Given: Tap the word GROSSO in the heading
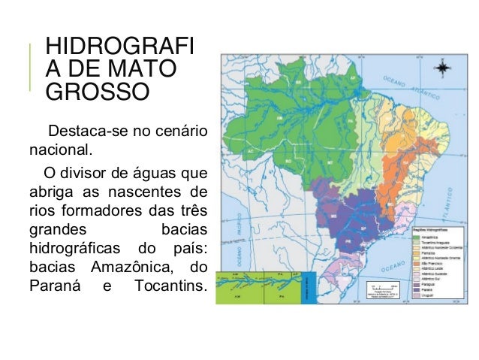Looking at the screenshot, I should click(x=98, y=92).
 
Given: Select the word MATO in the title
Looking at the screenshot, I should click(x=145, y=70).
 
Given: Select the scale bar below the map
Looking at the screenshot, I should click(x=387, y=286).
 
